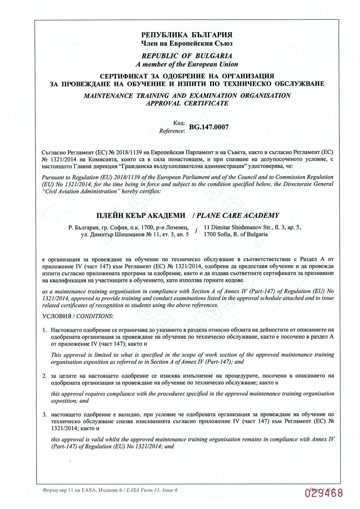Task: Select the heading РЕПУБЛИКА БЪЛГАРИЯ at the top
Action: click(x=187, y=35)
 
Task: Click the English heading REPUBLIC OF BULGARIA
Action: click(x=187, y=56)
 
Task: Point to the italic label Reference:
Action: click(x=172, y=131)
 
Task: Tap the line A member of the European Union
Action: click(x=187, y=64)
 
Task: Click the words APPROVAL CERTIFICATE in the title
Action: click(x=187, y=103)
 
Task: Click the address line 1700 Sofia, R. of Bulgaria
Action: click(x=236, y=235)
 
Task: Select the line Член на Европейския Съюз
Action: click(x=187, y=43)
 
